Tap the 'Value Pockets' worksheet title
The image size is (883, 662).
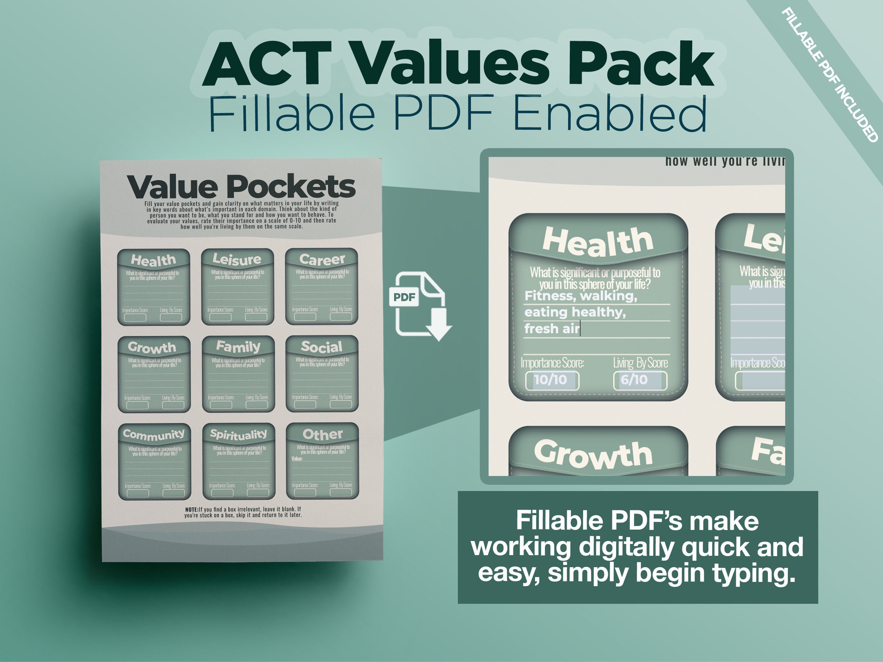(241, 186)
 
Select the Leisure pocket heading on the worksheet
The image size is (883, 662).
(237, 259)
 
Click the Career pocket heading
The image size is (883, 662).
(322, 259)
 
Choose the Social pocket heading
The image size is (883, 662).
(321, 347)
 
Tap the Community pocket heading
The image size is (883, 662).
(154, 434)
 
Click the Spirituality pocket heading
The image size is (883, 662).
(238, 434)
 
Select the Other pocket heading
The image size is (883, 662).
(322, 434)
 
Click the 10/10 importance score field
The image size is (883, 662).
(552, 380)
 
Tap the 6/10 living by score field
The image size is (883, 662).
(639, 380)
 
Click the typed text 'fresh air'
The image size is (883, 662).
(552, 329)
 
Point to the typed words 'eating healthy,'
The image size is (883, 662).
(575, 312)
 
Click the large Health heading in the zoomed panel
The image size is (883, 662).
(597, 241)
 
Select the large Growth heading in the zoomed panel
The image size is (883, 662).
(593, 454)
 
